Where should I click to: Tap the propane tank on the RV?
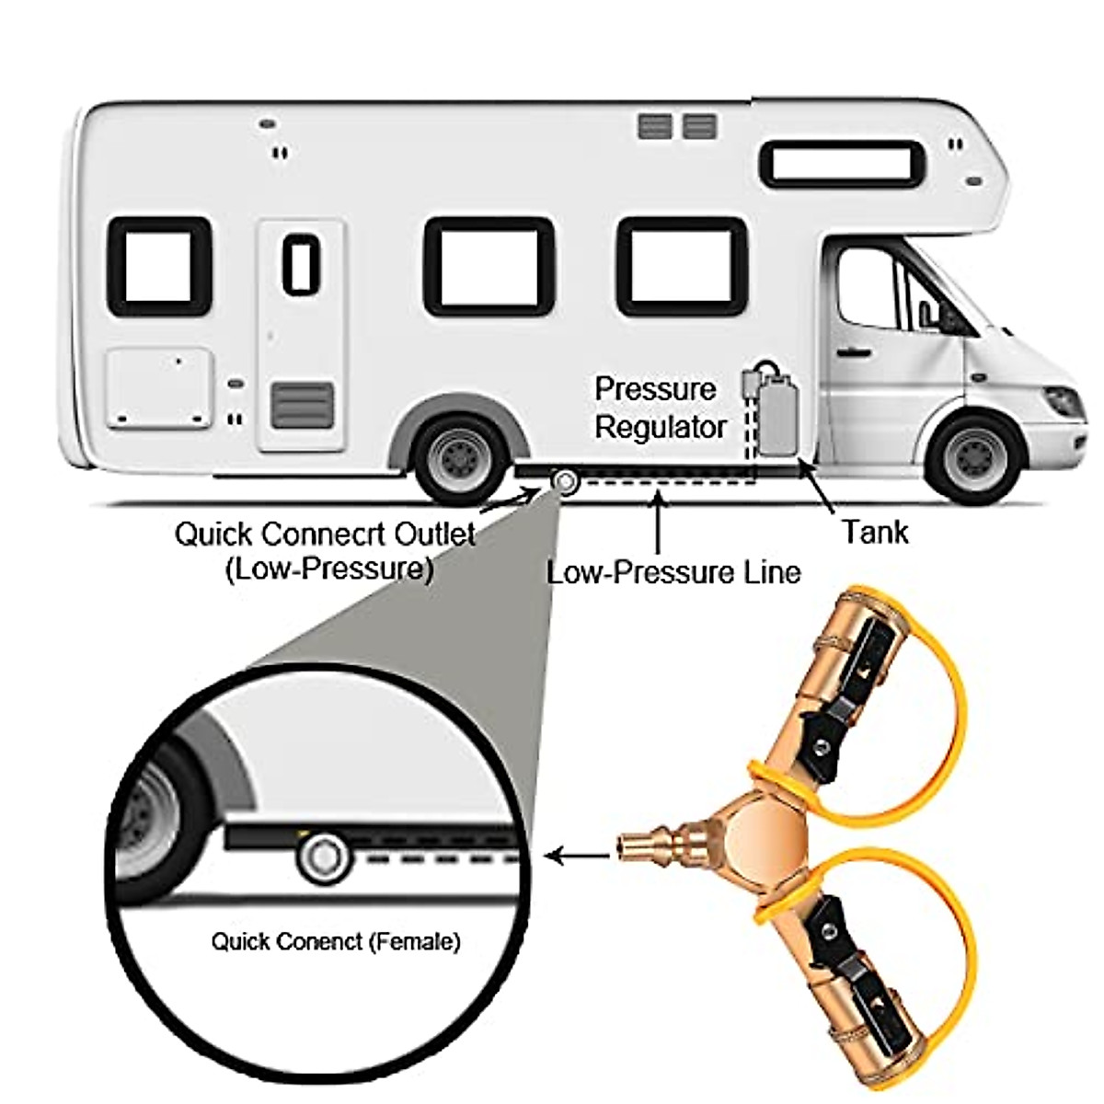(x=776, y=414)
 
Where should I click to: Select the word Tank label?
(x=874, y=532)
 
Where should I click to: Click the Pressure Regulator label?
(x=658, y=408)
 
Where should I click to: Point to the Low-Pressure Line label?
(x=673, y=572)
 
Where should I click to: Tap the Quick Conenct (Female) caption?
(x=335, y=941)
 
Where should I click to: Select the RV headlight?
(x=1064, y=401)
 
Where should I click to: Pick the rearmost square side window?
(x=160, y=267)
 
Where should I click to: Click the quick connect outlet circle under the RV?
(x=563, y=481)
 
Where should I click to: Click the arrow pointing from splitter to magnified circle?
(x=578, y=857)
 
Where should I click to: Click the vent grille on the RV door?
(x=302, y=406)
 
